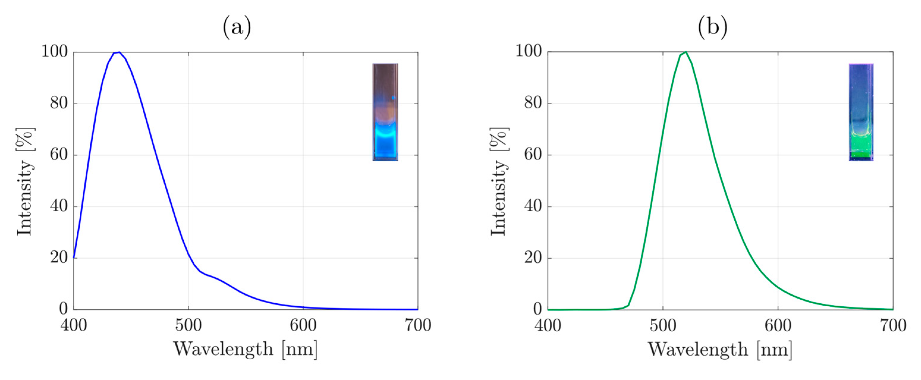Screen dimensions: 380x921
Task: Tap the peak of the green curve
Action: coord(685,52)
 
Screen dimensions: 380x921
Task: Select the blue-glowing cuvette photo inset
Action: coord(385,112)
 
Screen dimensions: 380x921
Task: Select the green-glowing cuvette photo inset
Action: coord(861,112)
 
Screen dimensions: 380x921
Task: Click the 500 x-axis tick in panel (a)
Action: coord(188,326)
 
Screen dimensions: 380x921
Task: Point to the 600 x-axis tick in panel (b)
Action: coord(778,326)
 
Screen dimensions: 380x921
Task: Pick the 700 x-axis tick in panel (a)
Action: coord(418,326)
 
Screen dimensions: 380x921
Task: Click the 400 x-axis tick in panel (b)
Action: coord(548,326)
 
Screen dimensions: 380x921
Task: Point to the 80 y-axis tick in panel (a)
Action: coord(59,103)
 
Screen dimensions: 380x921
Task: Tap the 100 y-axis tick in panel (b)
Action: coord(528,51)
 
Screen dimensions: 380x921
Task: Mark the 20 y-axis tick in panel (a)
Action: coord(59,258)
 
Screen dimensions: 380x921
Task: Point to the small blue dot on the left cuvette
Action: coord(393,97)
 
